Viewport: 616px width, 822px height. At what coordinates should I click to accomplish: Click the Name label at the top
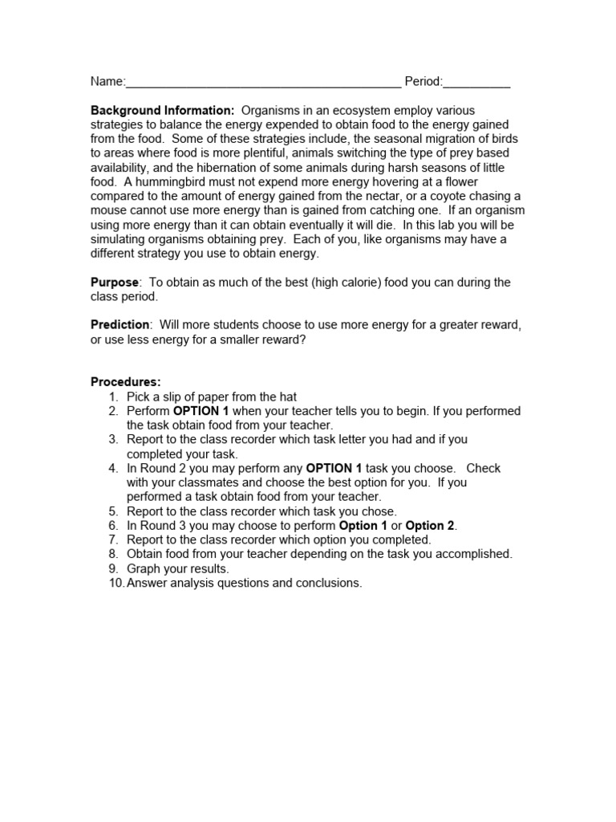(x=107, y=82)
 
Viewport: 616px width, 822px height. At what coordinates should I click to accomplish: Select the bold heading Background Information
(x=162, y=110)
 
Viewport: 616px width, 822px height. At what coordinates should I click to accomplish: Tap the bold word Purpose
(x=115, y=283)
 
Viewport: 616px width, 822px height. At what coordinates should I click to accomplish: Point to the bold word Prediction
(x=120, y=325)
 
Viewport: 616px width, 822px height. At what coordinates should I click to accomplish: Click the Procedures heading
(x=126, y=382)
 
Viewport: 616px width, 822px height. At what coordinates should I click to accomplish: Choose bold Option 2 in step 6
(x=430, y=526)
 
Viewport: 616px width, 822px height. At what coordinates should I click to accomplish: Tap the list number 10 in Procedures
(x=115, y=584)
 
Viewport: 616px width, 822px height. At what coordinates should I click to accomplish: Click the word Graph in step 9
(x=144, y=569)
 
